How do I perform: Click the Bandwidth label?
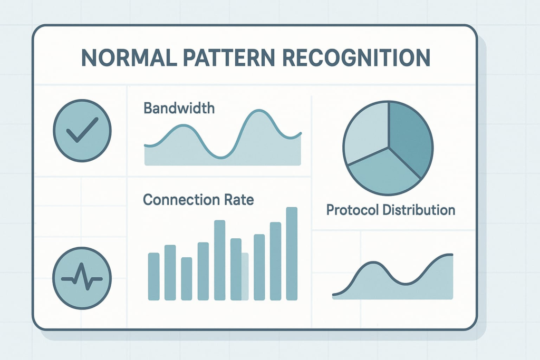[x=179, y=109]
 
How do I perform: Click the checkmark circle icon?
[x=83, y=130]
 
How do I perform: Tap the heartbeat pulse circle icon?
[x=83, y=278]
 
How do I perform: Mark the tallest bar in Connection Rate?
[x=292, y=254]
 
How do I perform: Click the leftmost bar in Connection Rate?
[x=153, y=276]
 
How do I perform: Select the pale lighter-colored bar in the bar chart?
[x=245, y=276]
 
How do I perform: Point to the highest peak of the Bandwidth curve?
[x=258, y=112]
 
